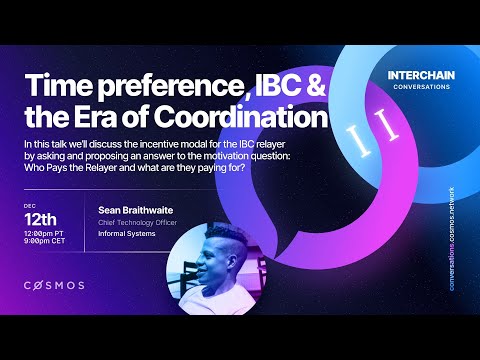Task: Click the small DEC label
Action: click(x=29, y=205)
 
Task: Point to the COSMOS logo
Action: click(x=54, y=285)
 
